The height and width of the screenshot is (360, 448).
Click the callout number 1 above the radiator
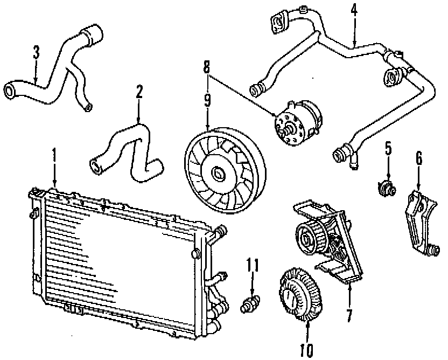click(x=54, y=155)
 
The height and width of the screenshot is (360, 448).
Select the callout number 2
click(x=139, y=92)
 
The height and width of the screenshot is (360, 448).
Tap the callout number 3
click(x=36, y=53)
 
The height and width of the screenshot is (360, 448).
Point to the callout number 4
click(x=354, y=11)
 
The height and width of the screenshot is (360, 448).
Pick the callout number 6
click(x=419, y=158)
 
